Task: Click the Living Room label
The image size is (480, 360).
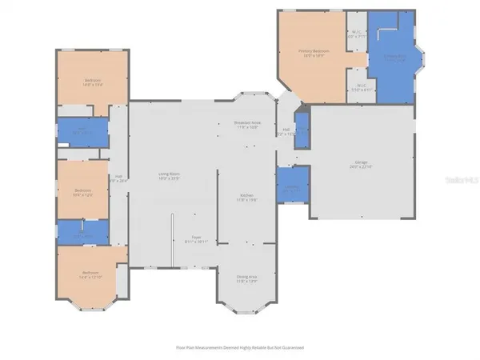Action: tap(166, 178)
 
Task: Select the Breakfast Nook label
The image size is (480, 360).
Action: tap(246, 125)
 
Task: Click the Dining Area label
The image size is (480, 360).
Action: tap(247, 279)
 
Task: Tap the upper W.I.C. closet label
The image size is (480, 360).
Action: tap(356, 34)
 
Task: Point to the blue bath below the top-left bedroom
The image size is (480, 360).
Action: tap(82, 132)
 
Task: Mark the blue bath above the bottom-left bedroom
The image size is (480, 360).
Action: tap(81, 233)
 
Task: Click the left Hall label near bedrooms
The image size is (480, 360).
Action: tap(118, 178)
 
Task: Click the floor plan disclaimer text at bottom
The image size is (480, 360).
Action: tap(240, 348)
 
